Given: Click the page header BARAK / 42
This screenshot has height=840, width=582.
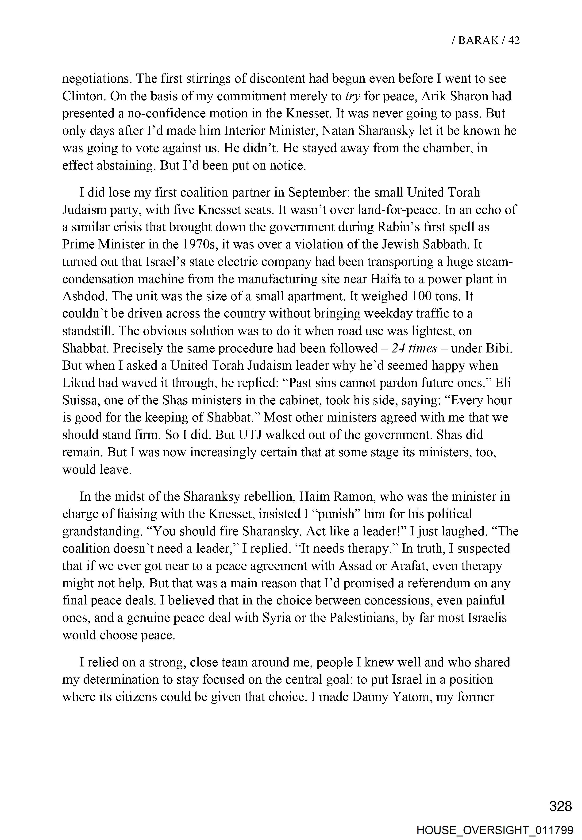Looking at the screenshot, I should coord(485,40).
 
